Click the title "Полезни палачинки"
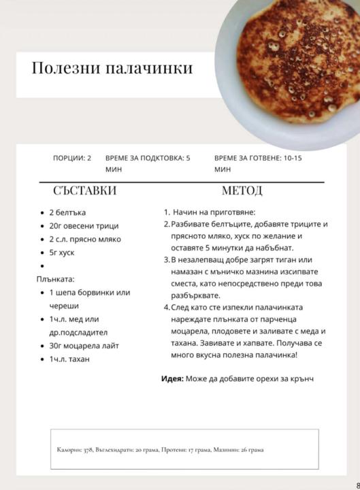[112, 68]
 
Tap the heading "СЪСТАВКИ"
[85, 191]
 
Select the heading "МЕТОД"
[242, 191]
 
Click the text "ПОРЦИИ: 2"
[72, 158]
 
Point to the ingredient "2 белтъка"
[67, 212]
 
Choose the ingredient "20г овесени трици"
[84, 226]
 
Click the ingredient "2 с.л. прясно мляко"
[85, 240]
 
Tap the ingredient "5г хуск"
[62, 252]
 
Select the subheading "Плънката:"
[55, 279]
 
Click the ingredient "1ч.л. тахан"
[69, 359]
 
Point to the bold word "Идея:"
[172, 378]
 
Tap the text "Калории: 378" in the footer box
[75, 450]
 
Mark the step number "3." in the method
[167, 260]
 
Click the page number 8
[357, 485]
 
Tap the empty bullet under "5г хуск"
[42, 266]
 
